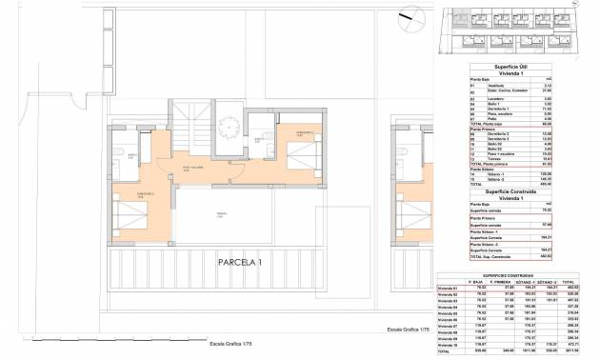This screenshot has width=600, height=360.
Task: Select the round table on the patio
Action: [230, 126]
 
